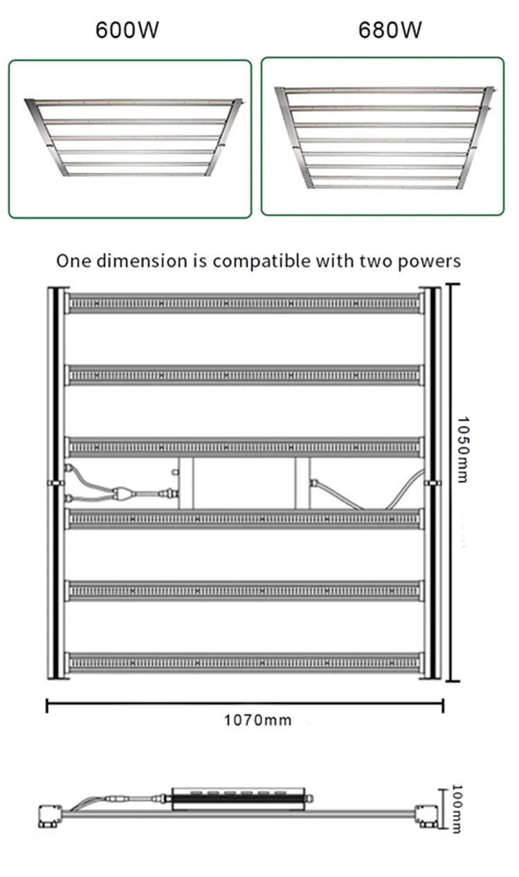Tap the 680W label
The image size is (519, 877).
click(390, 30)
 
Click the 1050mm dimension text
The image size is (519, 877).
click(463, 450)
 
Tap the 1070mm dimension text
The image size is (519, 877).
click(257, 720)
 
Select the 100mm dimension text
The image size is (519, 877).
click(457, 808)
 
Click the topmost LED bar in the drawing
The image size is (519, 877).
click(244, 303)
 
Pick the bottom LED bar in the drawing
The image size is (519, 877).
click(244, 663)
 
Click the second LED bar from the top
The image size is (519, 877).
click(244, 375)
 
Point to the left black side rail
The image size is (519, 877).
click(53, 483)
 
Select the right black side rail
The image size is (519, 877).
click(434, 483)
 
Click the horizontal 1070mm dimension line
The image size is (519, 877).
click(244, 705)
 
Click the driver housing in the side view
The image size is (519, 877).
click(239, 798)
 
